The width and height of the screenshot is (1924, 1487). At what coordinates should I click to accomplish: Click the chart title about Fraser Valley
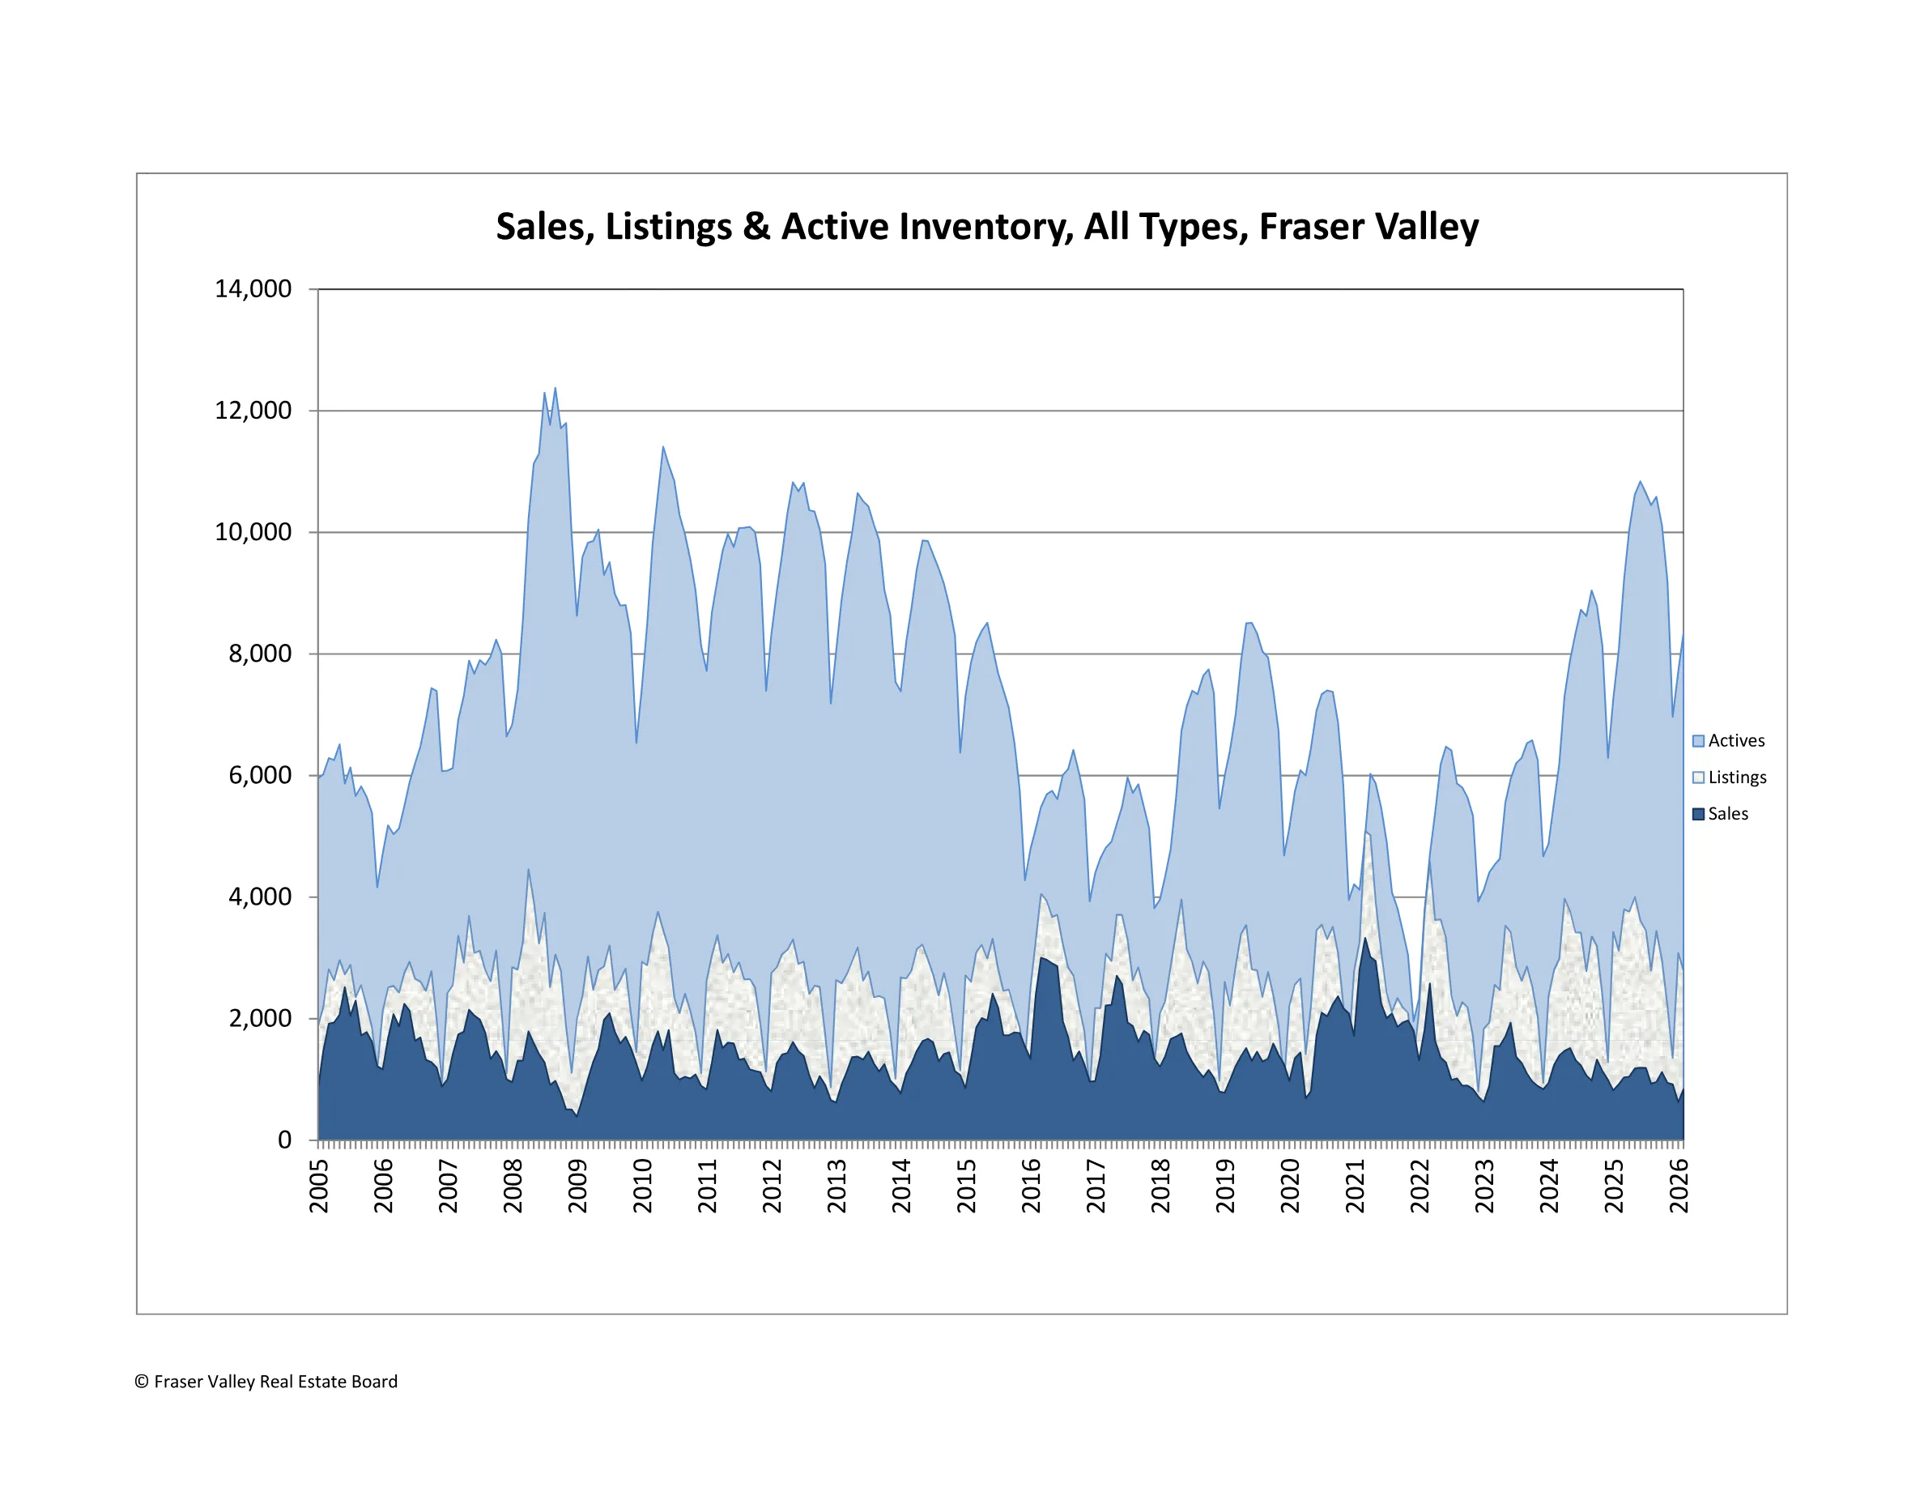986,227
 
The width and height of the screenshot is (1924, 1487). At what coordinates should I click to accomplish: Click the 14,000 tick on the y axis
253,289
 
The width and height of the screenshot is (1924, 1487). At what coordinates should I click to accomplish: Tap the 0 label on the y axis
283,1140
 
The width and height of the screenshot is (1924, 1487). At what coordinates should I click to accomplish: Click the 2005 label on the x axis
319,1186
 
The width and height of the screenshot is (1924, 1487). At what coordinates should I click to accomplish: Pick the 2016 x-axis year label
1031,1186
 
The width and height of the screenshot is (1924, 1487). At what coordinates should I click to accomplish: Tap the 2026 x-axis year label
1679,1186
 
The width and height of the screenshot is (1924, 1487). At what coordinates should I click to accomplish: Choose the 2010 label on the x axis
642,1186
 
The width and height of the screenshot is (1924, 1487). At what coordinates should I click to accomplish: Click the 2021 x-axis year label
1355,1186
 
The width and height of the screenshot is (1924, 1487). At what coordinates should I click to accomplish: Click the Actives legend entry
1735,741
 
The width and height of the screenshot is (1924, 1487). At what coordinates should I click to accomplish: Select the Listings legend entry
1736,778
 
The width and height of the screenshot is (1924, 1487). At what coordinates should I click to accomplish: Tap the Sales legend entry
1727,814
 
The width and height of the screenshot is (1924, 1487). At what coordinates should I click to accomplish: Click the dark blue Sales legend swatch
1697,814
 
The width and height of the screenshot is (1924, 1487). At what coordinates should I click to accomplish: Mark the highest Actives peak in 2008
555,389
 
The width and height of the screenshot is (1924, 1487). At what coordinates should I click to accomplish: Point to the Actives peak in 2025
1640,482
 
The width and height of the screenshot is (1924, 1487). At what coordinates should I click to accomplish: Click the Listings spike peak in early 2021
1365,833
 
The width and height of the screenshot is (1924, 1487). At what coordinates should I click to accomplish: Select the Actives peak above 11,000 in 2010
663,448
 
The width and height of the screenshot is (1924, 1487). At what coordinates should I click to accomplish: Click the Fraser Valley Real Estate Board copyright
266,1381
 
